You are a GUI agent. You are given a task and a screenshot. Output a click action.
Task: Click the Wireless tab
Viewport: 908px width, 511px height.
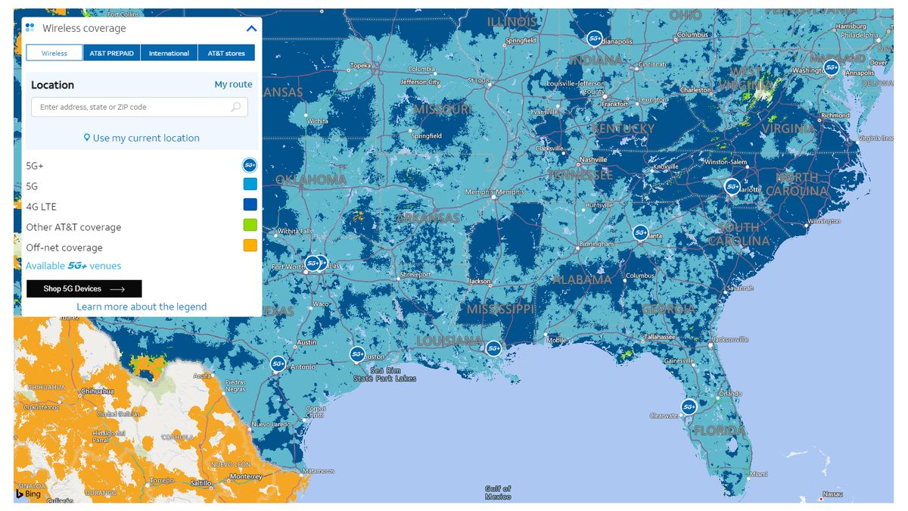pos(54,53)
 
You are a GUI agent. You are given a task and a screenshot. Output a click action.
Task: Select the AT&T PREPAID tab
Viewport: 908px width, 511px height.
pos(111,53)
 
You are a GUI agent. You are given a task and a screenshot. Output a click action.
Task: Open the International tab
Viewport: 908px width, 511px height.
pos(169,53)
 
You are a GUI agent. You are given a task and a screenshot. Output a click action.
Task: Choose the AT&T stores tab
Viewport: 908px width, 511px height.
pos(226,53)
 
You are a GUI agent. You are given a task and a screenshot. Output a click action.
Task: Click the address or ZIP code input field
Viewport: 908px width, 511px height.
pos(132,107)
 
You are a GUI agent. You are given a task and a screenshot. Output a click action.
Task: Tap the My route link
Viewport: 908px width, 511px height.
pos(233,85)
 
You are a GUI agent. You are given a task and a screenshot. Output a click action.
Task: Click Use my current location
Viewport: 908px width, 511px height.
pos(142,138)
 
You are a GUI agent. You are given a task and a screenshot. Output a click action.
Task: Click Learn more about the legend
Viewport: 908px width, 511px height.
pos(141,307)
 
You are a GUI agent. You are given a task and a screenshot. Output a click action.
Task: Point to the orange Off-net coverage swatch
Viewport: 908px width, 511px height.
pos(250,246)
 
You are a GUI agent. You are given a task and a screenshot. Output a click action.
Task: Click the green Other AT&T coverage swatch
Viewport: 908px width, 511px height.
pos(250,226)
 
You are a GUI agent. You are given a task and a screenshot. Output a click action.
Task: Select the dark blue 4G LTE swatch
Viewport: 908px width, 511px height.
pos(250,205)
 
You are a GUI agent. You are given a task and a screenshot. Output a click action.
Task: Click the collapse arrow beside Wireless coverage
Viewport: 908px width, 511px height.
pos(252,29)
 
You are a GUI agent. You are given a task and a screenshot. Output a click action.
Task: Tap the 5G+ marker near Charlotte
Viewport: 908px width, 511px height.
pos(732,185)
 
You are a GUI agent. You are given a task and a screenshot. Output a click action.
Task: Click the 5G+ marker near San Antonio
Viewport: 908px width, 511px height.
pos(278,363)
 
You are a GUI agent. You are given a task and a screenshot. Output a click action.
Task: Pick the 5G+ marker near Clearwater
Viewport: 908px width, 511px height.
pos(689,407)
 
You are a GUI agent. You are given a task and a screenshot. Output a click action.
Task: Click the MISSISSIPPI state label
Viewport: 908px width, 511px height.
pos(500,310)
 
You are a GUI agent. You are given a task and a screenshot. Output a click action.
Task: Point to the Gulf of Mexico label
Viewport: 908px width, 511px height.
pos(498,493)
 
